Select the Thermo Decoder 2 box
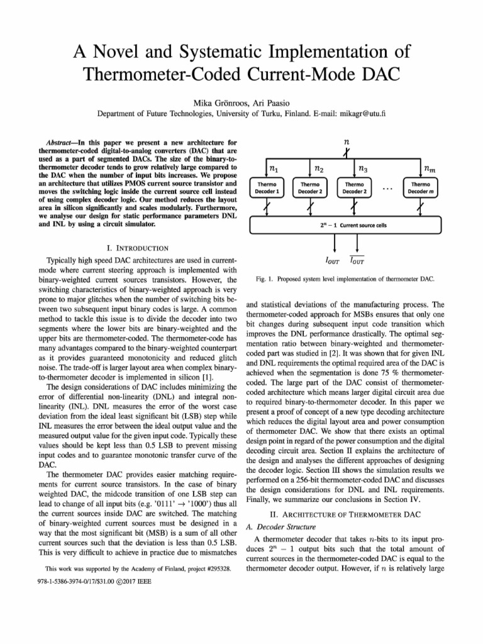[x=311, y=187]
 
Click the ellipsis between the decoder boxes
[x=387, y=187]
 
